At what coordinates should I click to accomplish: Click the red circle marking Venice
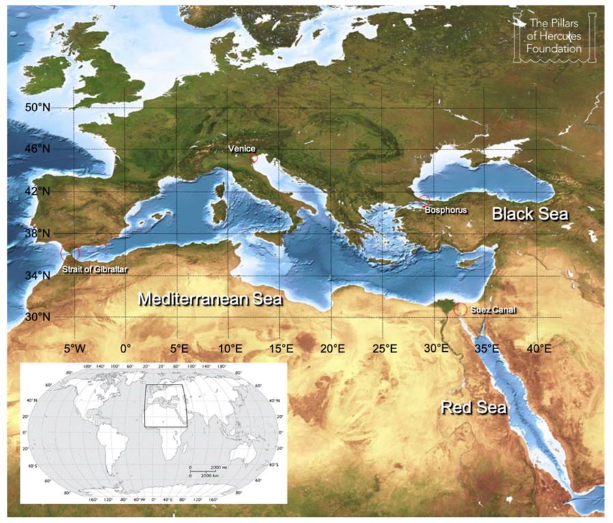254,158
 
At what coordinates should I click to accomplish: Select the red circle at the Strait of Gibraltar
70,253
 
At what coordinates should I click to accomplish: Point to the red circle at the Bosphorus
424,200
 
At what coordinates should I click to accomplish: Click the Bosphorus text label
446,211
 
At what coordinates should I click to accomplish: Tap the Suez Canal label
494,310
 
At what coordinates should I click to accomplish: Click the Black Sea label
530,214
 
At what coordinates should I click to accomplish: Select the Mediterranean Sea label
210,299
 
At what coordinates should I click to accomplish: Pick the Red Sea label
474,408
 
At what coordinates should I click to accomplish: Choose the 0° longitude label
126,348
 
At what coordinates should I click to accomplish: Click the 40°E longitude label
539,348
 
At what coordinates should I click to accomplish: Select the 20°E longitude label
332,348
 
